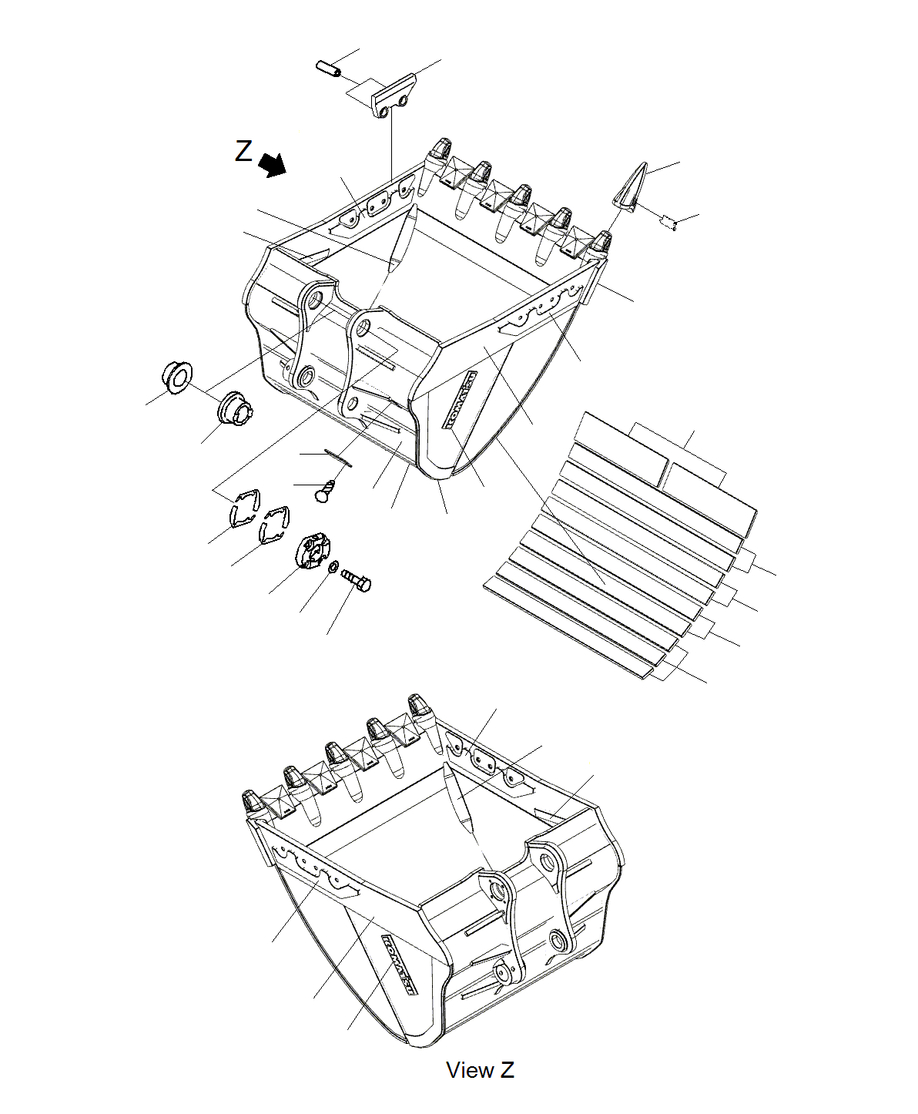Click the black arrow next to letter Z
point(272,165)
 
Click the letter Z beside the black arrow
point(243,151)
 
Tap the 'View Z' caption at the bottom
point(480,1070)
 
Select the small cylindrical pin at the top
point(328,68)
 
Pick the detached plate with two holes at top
point(394,96)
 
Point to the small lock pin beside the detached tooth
point(668,223)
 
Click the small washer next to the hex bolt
point(333,568)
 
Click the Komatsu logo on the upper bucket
point(460,399)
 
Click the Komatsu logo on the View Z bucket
point(399,964)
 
